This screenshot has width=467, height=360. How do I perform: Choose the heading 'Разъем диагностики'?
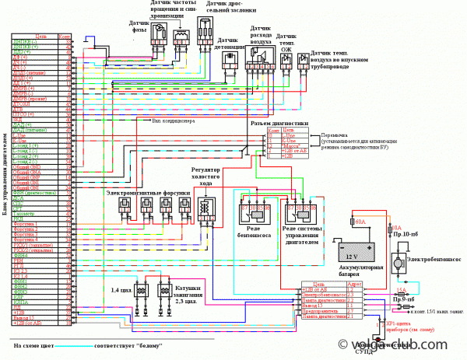[279, 123]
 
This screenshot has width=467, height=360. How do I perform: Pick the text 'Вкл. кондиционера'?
[181, 121]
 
